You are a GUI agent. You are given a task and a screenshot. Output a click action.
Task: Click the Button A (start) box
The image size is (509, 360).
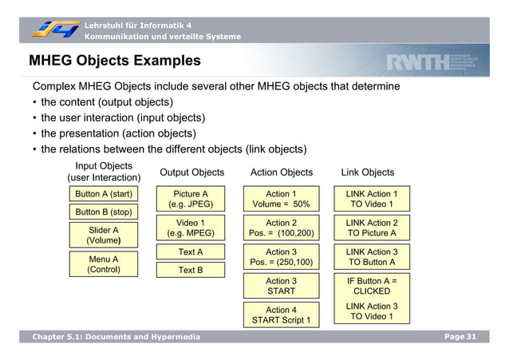[104, 194]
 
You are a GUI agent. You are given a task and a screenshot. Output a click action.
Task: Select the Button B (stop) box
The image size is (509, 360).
[104, 212]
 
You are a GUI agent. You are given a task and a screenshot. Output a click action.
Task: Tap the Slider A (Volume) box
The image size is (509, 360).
[104, 235]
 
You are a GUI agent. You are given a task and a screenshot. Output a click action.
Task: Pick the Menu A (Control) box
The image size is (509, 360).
[104, 264]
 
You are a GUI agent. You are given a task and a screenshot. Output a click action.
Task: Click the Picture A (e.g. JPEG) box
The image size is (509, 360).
[191, 199]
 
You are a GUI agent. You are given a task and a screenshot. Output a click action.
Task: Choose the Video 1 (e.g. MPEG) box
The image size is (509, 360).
[191, 228]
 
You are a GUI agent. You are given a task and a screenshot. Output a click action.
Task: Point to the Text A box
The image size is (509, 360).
[191, 252]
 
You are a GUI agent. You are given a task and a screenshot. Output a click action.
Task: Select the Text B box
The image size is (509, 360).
[191, 271]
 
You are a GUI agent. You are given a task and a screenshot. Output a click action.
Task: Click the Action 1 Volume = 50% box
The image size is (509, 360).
[281, 199]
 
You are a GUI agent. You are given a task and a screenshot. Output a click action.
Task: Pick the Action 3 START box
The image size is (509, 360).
[281, 287]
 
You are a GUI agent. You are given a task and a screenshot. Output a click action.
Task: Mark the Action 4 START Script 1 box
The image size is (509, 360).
[281, 315]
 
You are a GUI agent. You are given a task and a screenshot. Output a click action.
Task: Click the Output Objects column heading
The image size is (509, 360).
[192, 172]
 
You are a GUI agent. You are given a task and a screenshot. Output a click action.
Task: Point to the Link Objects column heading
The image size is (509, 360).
[368, 172]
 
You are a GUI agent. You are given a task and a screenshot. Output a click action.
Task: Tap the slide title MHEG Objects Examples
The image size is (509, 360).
[115, 61]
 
